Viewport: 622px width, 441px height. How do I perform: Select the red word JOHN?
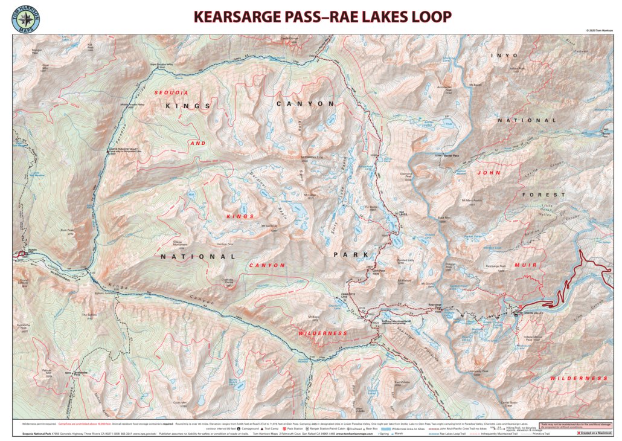[489, 172]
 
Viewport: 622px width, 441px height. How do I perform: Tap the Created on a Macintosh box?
[594, 433]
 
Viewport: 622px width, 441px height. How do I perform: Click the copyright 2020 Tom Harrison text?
[598, 30]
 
